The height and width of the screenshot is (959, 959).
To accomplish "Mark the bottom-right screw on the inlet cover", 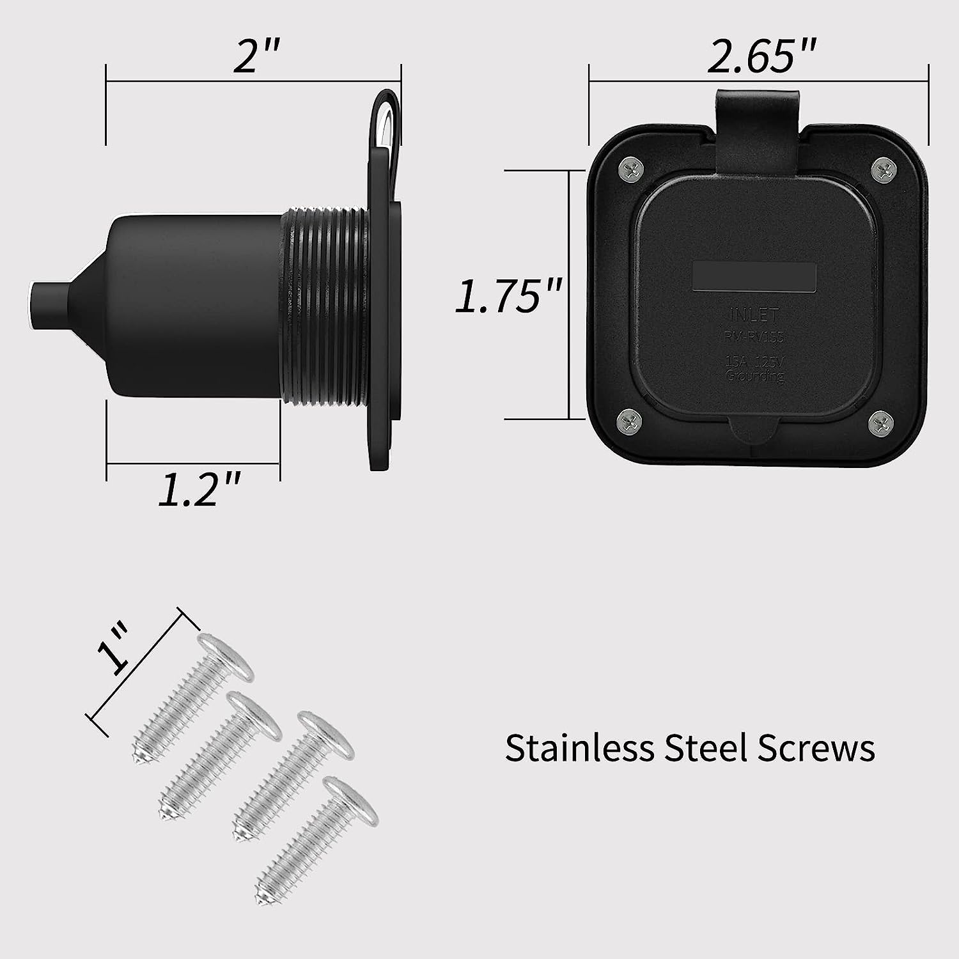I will pos(880,421).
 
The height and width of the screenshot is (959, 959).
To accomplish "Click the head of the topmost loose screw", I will pos(224,659).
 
